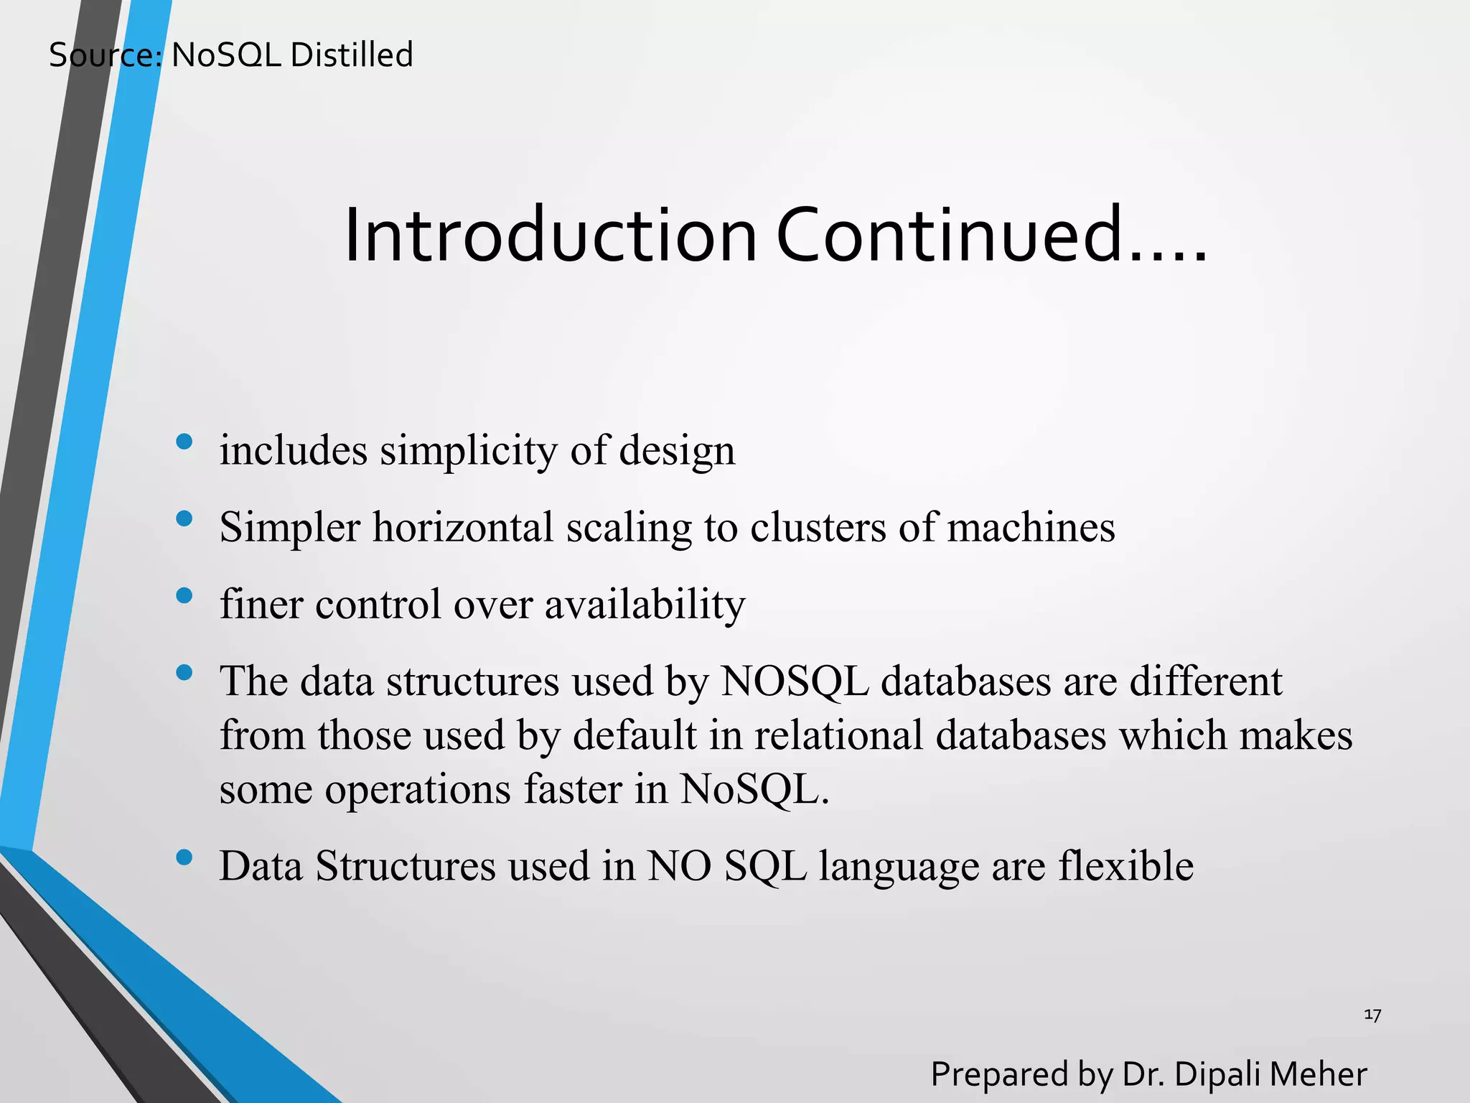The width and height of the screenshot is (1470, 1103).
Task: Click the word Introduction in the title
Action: (551, 236)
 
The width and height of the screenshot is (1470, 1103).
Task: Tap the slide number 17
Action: (1372, 1015)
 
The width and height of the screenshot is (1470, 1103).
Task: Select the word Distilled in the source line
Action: (352, 55)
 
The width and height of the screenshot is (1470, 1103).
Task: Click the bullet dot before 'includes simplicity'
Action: (184, 441)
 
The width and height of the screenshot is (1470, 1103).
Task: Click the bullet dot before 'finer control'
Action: (184, 595)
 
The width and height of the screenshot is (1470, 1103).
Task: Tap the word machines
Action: (1031, 527)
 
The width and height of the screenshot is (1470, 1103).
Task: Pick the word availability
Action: (645, 605)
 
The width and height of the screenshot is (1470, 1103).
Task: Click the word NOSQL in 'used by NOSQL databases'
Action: (795, 681)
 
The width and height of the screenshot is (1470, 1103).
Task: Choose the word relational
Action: (838, 735)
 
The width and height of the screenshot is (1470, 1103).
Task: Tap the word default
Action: (635, 735)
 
